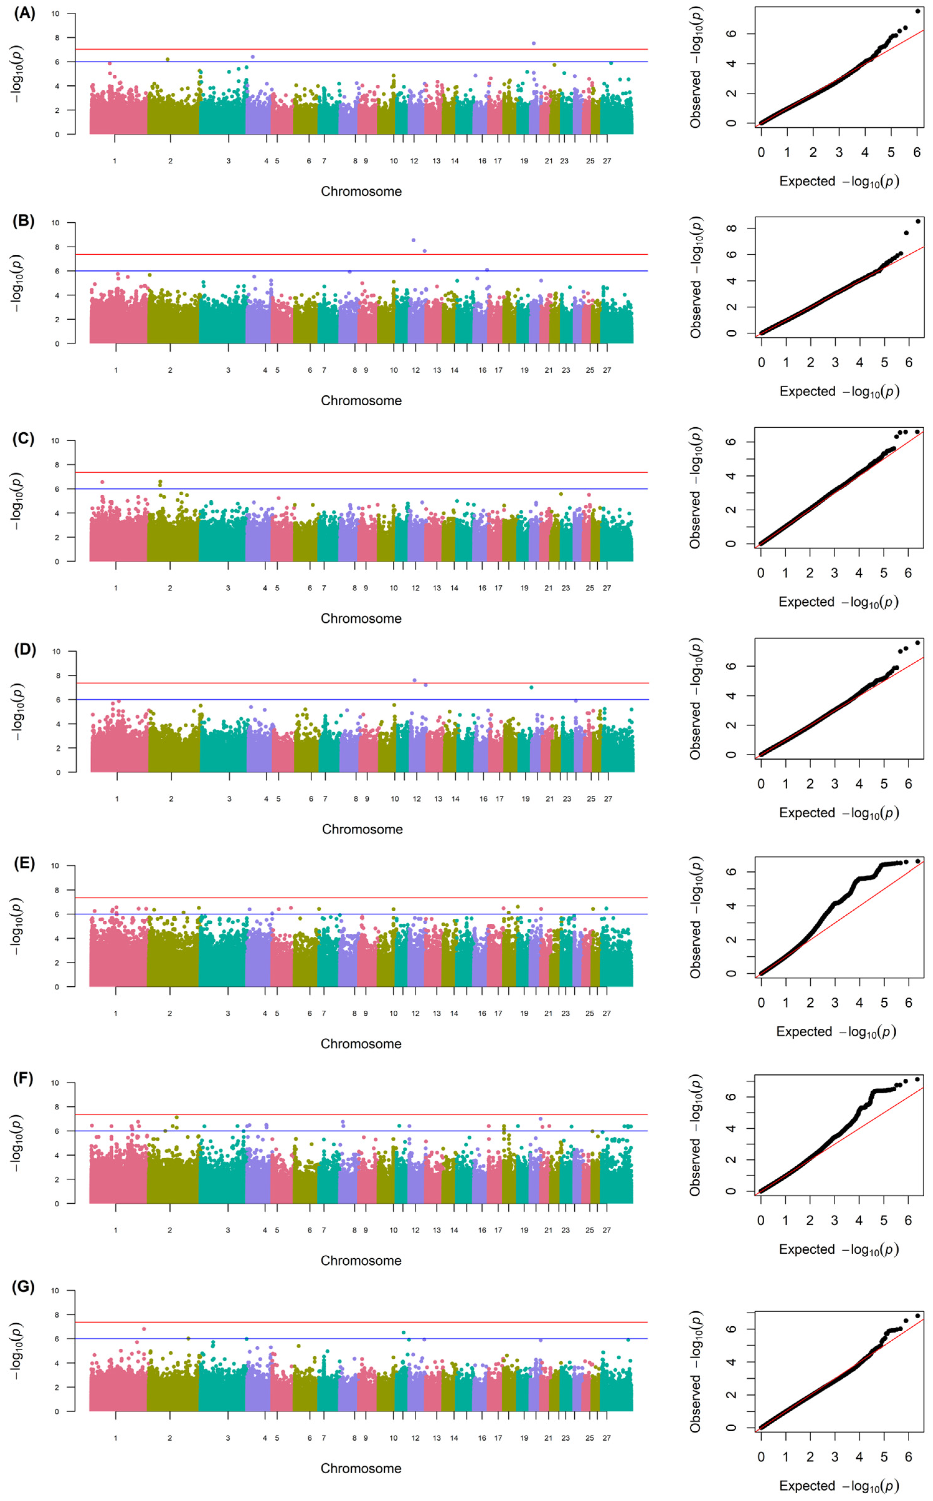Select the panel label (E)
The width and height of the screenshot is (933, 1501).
pyautogui.click(x=25, y=862)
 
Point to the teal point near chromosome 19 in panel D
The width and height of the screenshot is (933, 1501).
pyautogui.click(x=531, y=687)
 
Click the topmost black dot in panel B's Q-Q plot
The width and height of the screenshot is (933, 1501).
pyautogui.click(x=918, y=221)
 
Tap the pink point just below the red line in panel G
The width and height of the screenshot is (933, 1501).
pyautogui.click(x=144, y=1329)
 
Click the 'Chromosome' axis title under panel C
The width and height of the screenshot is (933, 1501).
pyautogui.click(x=361, y=618)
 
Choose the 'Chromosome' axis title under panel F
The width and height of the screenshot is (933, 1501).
pyautogui.click(x=361, y=1260)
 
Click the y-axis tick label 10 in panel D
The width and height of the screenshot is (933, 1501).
pyautogui.click(x=56, y=651)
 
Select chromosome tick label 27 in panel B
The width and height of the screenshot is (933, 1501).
pyautogui.click(x=607, y=370)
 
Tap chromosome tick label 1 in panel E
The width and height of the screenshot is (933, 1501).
pyautogui.click(x=115, y=1013)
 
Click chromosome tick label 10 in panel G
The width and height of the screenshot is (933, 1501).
pyautogui.click(x=394, y=1437)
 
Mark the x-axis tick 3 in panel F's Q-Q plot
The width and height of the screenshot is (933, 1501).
pyautogui.click(x=834, y=1220)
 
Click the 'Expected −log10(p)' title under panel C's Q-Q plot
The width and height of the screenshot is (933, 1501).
pyautogui.click(x=838, y=602)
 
